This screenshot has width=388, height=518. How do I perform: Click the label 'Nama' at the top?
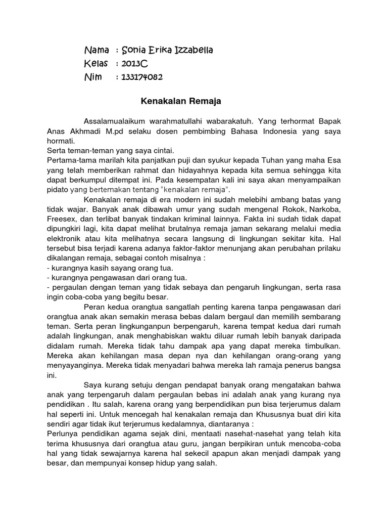point(96,50)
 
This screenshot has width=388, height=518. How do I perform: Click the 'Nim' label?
point(93,77)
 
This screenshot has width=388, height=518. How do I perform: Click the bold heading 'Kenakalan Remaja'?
point(181,101)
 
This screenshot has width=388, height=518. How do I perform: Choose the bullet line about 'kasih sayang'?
point(110,268)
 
